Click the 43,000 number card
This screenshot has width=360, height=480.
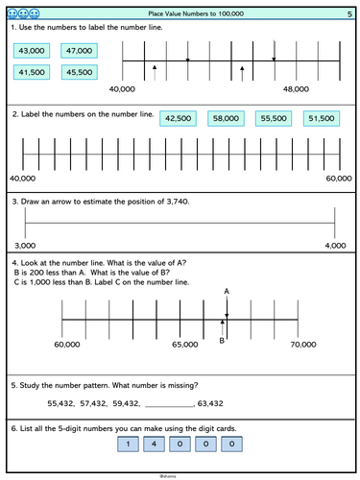click(x=33, y=51)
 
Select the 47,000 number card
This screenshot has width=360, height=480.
click(x=78, y=51)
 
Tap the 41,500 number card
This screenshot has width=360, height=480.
click(x=33, y=72)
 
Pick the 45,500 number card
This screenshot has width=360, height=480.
click(x=78, y=72)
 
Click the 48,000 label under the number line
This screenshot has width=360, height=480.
click(x=297, y=89)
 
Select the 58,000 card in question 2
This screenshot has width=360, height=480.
click(x=228, y=119)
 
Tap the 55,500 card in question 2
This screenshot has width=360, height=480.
click(x=274, y=119)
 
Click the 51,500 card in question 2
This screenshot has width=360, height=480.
click(x=320, y=119)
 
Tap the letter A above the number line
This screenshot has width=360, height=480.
click(x=227, y=290)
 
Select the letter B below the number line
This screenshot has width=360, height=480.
click(x=222, y=339)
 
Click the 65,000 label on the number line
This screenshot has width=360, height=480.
click(x=183, y=343)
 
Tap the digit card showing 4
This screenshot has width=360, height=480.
click(x=156, y=444)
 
